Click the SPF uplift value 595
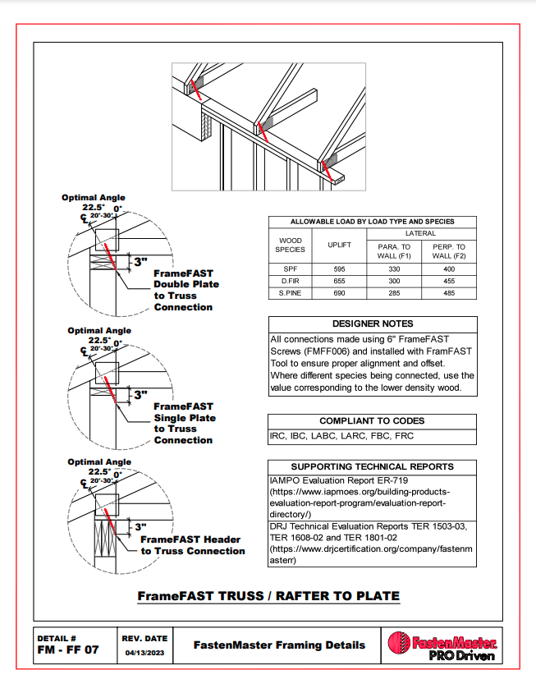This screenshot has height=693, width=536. click(339, 268)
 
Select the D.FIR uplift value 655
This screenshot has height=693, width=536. click(339, 280)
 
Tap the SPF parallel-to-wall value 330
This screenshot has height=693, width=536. click(393, 268)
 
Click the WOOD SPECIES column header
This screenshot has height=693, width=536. click(290, 245)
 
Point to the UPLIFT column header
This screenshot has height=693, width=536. click(339, 245)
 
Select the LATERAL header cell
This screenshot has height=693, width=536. click(420, 233)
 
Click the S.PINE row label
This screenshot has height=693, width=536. click(290, 291)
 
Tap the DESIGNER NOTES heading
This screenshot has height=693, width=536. click(372, 324)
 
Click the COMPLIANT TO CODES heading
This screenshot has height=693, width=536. click(372, 420)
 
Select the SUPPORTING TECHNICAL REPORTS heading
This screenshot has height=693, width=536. click(372, 466)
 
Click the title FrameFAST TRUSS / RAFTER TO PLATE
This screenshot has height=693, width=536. click(268, 596)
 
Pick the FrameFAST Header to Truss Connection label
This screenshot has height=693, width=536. click(192, 545)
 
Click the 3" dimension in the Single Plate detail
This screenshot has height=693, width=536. click(140, 395)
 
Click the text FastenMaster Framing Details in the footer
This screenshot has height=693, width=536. click(279, 645)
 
